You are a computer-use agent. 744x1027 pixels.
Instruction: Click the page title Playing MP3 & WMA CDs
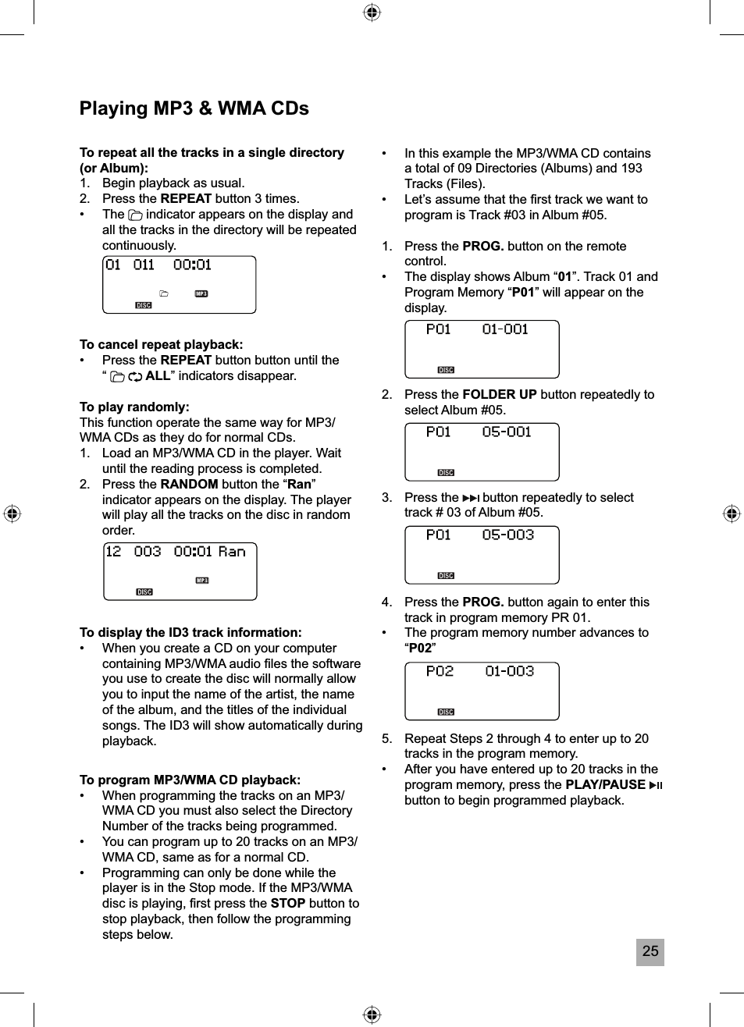[194, 108]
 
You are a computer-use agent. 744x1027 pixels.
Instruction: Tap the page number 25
[650, 951]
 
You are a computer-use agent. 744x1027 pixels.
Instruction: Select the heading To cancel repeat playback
[161, 344]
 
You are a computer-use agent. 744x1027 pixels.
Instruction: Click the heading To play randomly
[134, 407]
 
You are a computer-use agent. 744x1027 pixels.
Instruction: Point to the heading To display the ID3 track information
[190, 632]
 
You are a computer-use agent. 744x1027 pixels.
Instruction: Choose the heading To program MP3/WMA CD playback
[190, 780]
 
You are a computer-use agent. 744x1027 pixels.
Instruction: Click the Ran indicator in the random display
[232, 552]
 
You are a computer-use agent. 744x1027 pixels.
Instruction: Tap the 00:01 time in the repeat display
[192, 265]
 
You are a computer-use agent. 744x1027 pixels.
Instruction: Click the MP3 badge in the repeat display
[201, 294]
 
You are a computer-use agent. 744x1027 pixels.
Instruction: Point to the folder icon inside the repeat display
[164, 294]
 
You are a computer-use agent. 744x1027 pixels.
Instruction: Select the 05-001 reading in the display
[507, 432]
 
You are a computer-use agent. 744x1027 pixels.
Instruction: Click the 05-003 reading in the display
[508, 535]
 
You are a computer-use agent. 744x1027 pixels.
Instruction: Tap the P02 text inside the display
[440, 671]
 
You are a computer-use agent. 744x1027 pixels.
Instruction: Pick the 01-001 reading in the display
[505, 329]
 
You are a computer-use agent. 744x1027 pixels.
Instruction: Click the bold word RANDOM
[189, 484]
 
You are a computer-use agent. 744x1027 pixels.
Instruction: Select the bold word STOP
[287, 903]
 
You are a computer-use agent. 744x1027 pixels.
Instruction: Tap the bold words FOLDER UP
[500, 394]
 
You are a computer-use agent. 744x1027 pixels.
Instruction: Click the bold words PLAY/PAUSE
[605, 784]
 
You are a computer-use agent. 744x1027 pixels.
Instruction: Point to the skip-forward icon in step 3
[471, 498]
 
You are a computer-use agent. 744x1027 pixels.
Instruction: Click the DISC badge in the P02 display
[446, 712]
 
